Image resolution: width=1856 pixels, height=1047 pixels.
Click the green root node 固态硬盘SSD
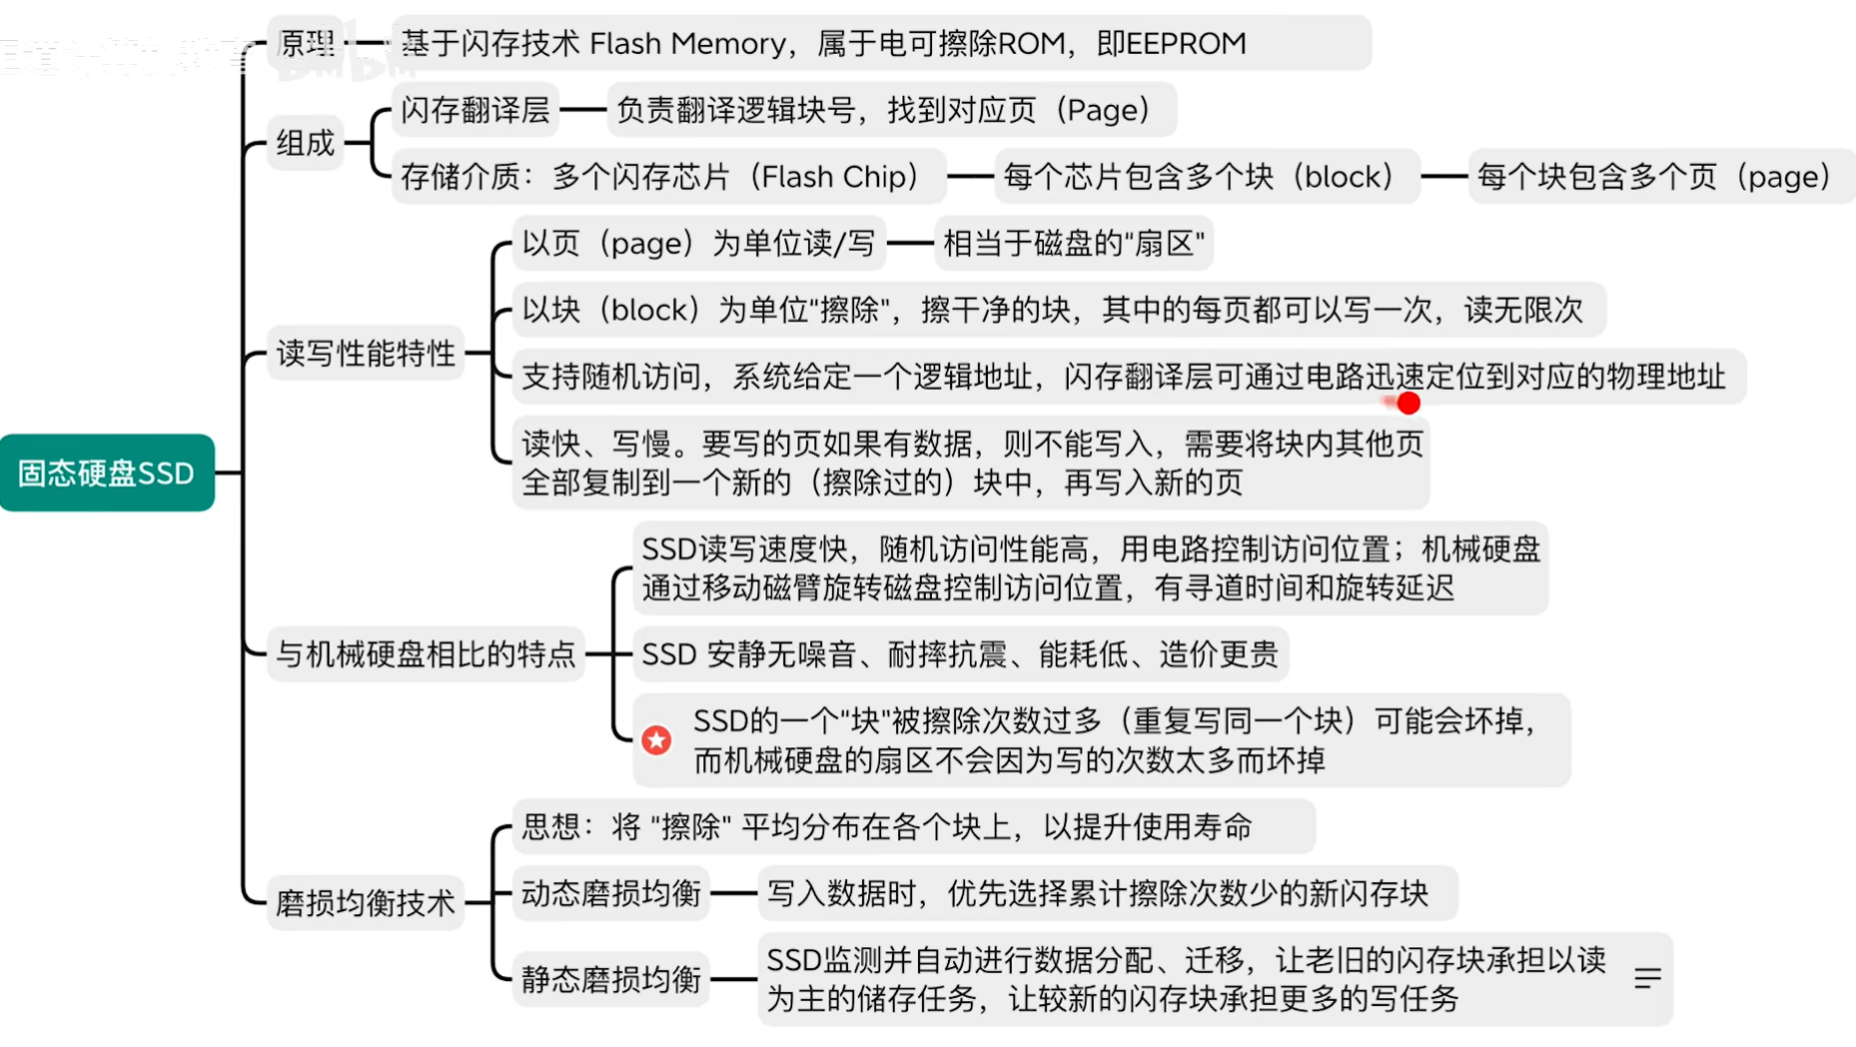107,473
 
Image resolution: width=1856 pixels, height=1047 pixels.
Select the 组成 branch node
306,143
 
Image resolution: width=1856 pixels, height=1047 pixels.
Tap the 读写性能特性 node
366,353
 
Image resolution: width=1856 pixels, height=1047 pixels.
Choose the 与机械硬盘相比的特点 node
427,653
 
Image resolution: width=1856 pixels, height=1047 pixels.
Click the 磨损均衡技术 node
366,903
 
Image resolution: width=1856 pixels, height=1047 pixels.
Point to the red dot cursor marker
1408,403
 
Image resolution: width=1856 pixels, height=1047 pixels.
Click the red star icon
656,740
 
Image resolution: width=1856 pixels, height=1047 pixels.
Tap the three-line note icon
1647,978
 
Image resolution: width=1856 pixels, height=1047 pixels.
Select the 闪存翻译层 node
475,110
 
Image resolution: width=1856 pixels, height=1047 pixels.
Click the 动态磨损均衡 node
611,893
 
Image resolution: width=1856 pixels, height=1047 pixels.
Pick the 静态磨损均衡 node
611,979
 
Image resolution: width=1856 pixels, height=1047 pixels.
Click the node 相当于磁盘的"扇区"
1074,243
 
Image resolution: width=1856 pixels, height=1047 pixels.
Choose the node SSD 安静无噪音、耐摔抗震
960,654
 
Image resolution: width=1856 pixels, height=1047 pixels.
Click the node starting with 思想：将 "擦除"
887,827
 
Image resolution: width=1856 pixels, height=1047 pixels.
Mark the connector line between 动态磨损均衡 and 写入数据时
733,893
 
